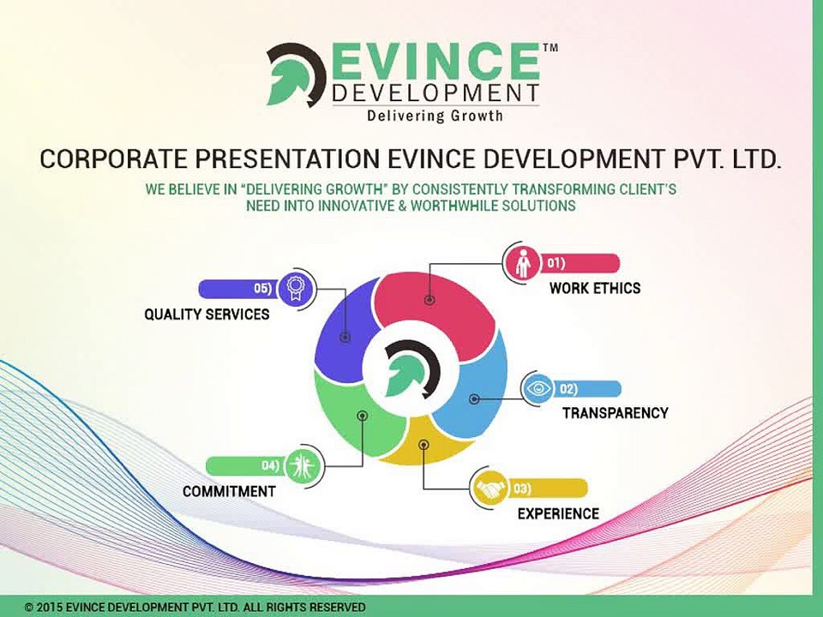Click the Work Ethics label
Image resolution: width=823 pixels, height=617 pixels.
click(x=594, y=288)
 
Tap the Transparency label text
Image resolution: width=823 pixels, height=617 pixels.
click(x=615, y=413)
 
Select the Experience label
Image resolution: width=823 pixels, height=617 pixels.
click(x=558, y=514)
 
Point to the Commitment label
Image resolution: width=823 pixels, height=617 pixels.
click(x=229, y=492)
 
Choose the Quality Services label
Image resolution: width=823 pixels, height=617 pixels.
click(x=207, y=314)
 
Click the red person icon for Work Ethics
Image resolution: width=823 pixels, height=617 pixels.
click(x=522, y=264)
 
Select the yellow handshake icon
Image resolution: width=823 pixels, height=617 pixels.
click(x=490, y=489)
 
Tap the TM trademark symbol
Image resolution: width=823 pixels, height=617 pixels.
click(x=550, y=49)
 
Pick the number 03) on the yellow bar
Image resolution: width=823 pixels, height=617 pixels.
click(x=521, y=489)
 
